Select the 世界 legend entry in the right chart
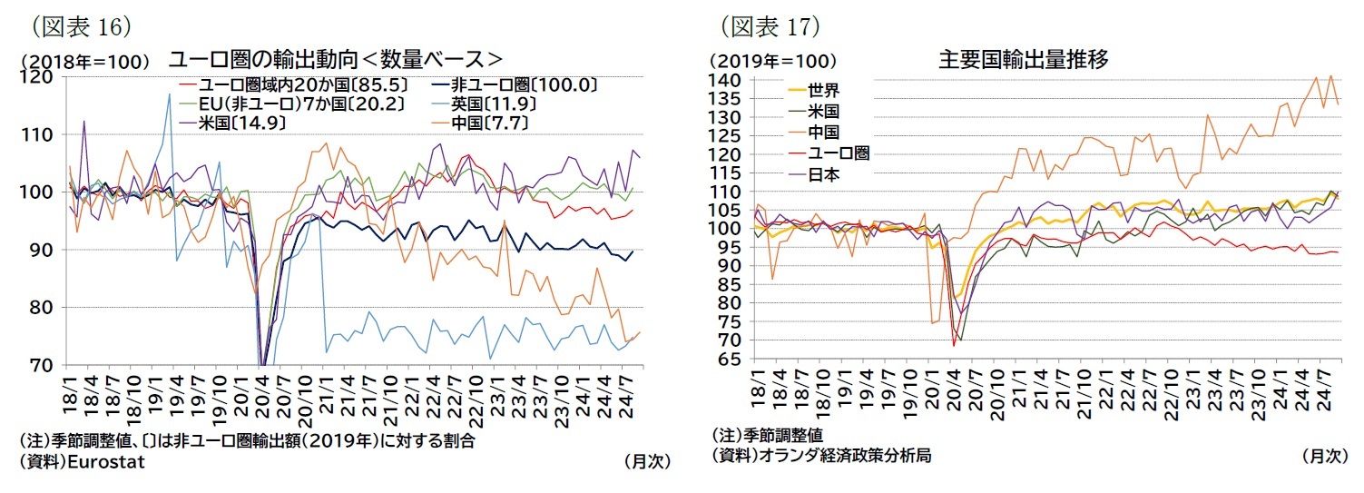(x=823, y=91)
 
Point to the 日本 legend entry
(x=823, y=174)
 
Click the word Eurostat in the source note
(x=105, y=461)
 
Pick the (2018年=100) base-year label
(x=83, y=62)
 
